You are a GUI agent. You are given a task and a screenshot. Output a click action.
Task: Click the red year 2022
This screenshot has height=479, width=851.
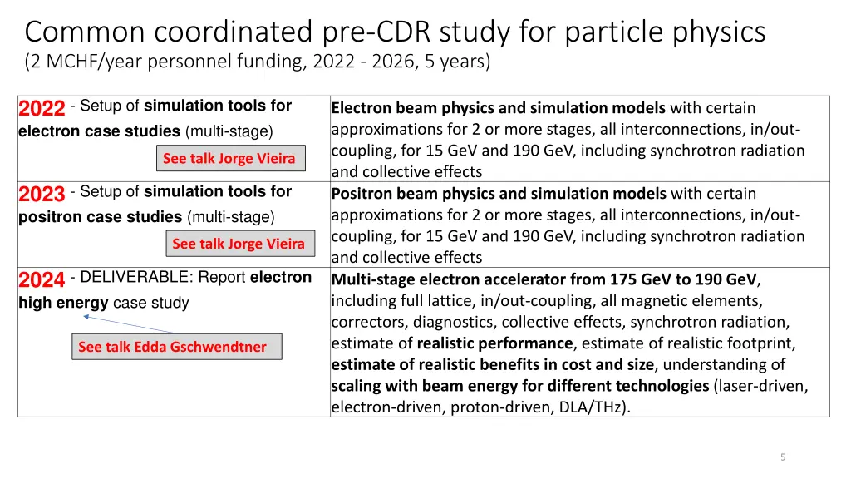pos(42,109)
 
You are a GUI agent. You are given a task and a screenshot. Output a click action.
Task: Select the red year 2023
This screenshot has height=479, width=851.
pos(42,195)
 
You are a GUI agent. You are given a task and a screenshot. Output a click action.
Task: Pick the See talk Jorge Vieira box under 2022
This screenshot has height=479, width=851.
pos(229,158)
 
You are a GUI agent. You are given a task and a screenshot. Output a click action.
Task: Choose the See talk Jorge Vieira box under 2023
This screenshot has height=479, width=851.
pos(239,244)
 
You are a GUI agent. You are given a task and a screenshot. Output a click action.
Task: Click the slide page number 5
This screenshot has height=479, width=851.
pos(783,457)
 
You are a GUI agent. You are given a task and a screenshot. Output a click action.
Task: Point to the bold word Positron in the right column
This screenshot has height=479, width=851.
pos(362,194)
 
